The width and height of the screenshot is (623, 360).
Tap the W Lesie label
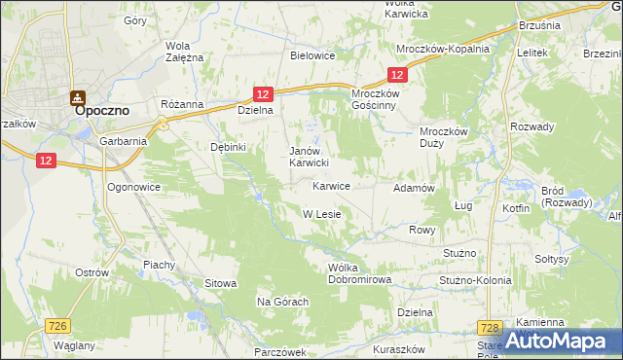320,214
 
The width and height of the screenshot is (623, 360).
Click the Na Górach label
282,302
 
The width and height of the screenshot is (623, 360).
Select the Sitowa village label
221,283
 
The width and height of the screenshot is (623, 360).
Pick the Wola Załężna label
184,52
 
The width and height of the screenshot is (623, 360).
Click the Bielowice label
312,55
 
